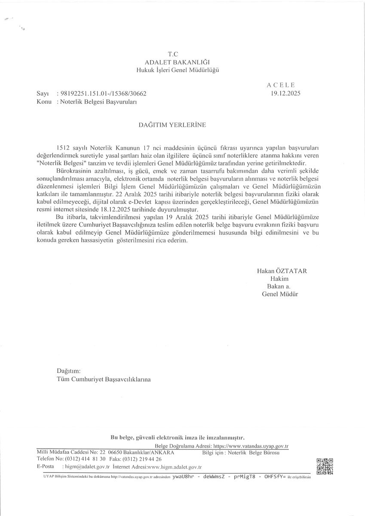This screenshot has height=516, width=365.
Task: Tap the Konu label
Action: coord(44,102)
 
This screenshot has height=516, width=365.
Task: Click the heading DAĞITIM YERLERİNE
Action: coord(172,125)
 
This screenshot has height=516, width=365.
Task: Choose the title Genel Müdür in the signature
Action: coord(280,294)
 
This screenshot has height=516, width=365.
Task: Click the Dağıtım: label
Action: coord(68,371)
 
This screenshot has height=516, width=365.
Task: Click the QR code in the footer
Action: coord(325,467)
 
